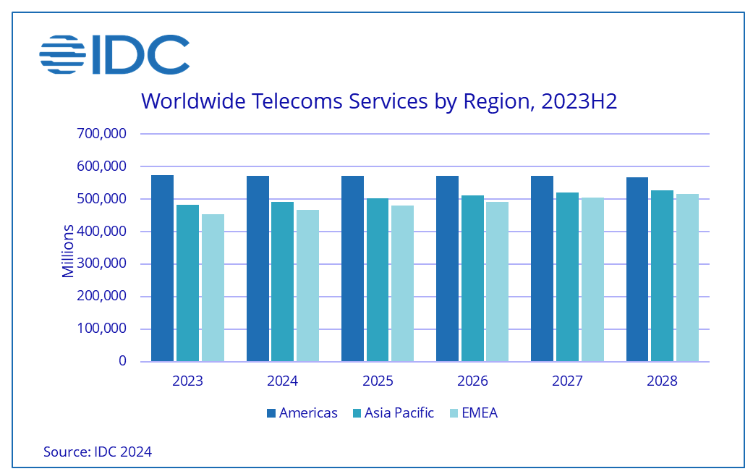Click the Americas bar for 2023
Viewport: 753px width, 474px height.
(x=162, y=268)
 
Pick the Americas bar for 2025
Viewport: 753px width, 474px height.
(x=352, y=268)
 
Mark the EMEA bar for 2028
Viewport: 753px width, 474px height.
(x=687, y=278)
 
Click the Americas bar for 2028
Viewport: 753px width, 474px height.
(x=637, y=269)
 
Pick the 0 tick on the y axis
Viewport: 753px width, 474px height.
(x=123, y=361)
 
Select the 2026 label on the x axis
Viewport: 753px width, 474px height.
(x=472, y=381)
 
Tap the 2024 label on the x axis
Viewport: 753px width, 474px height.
(x=282, y=381)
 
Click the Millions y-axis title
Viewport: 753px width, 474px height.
(x=68, y=251)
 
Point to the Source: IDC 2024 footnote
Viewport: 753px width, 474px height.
(x=98, y=452)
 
